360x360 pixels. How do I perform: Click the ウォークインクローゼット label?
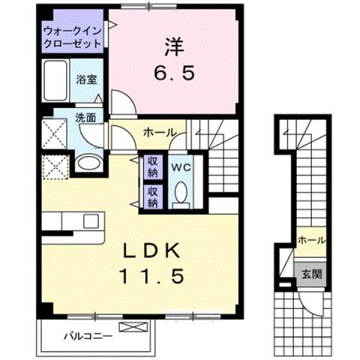click(72, 37)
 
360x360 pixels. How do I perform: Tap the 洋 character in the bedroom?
click(174, 46)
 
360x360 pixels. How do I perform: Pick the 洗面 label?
click(85, 117)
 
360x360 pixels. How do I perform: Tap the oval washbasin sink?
click(88, 163)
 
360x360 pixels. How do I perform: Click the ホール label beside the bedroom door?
click(160, 133)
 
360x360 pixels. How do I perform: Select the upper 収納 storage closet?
click(151, 166)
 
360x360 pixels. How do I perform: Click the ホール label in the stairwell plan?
click(311, 240)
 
